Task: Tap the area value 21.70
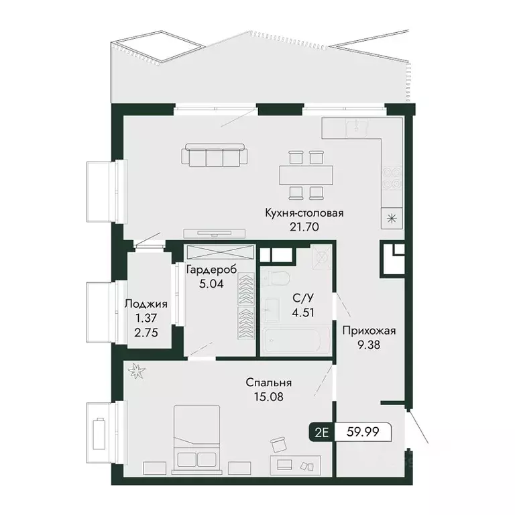click(304, 227)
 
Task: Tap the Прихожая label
click(369, 330)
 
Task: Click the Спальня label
click(268, 383)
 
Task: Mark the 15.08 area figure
click(268, 396)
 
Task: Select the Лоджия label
click(146, 304)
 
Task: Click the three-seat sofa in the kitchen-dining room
click(214, 157)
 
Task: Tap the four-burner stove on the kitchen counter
click(392, 178)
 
